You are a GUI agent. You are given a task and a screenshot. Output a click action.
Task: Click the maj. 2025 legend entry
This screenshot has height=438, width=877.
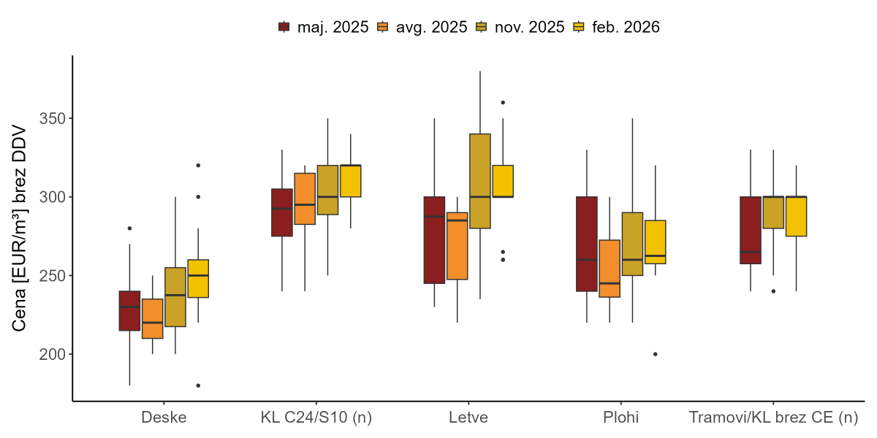coord(323,27)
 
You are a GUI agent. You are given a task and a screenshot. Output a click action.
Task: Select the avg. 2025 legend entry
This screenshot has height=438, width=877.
coord(422,27)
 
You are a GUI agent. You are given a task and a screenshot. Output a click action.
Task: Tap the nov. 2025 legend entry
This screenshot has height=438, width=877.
coord(520,27)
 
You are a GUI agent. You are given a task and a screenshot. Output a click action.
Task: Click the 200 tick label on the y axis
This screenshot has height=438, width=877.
coord(50,355)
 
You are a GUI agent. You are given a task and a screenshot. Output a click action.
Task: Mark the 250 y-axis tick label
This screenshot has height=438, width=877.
coord(50,276)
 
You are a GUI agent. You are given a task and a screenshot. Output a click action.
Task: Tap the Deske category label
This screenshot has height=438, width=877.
coord(164,418)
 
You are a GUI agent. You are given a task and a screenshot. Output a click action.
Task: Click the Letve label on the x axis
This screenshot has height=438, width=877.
coord(468,418)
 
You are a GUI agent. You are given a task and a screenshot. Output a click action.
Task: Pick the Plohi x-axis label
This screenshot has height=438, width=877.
coord(620,418)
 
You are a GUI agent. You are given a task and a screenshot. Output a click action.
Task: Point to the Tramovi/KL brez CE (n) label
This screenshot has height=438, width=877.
coord(773,418)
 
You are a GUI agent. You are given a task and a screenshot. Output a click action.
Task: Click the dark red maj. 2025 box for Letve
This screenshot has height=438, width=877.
coord(434,240)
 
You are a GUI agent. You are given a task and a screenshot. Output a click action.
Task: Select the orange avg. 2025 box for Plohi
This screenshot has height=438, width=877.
coord(610,269)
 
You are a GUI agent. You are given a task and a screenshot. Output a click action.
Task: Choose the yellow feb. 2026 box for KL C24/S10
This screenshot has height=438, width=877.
coord(350,181)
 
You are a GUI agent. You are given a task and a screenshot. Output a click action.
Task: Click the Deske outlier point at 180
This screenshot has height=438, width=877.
coord(198,385)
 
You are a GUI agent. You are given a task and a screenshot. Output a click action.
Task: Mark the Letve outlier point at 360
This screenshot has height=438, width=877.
coord(503,102)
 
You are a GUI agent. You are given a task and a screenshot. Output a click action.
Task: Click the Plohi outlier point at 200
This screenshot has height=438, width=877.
coord(655,354)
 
